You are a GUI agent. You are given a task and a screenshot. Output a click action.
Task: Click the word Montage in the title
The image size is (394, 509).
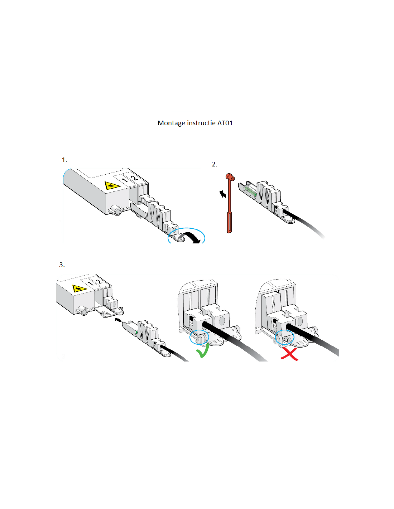[x=170, y=123]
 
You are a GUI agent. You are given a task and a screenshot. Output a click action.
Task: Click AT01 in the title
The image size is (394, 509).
[x=225, y=123]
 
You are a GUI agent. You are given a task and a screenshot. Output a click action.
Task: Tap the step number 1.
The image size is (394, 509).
[x=64, y=160]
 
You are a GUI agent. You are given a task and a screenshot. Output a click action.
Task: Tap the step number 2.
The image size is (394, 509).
[x=214, y=164]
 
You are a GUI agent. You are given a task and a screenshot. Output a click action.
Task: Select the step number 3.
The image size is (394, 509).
[x=62, y=265]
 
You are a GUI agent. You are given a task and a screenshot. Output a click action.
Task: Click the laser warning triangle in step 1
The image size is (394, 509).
[x=111, y=186]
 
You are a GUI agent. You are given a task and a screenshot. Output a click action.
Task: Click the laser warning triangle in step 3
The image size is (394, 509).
[x=78, y=289]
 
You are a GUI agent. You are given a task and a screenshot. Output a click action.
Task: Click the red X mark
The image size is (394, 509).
[x=289, y=354]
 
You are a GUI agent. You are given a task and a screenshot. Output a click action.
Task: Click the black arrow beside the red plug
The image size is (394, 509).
[x=223, y=194]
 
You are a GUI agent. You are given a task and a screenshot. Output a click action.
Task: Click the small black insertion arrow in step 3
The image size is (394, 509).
[x=119, y=320]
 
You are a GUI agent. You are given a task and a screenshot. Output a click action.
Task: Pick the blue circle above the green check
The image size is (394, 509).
[x=199, y=337]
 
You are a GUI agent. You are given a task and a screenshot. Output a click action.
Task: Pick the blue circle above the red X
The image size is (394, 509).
[x=285, y=337]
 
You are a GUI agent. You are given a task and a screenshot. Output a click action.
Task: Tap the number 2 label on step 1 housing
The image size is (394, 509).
[x=134, y=178]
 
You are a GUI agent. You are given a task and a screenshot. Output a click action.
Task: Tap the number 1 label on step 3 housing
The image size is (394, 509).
[x=90, y=283]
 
